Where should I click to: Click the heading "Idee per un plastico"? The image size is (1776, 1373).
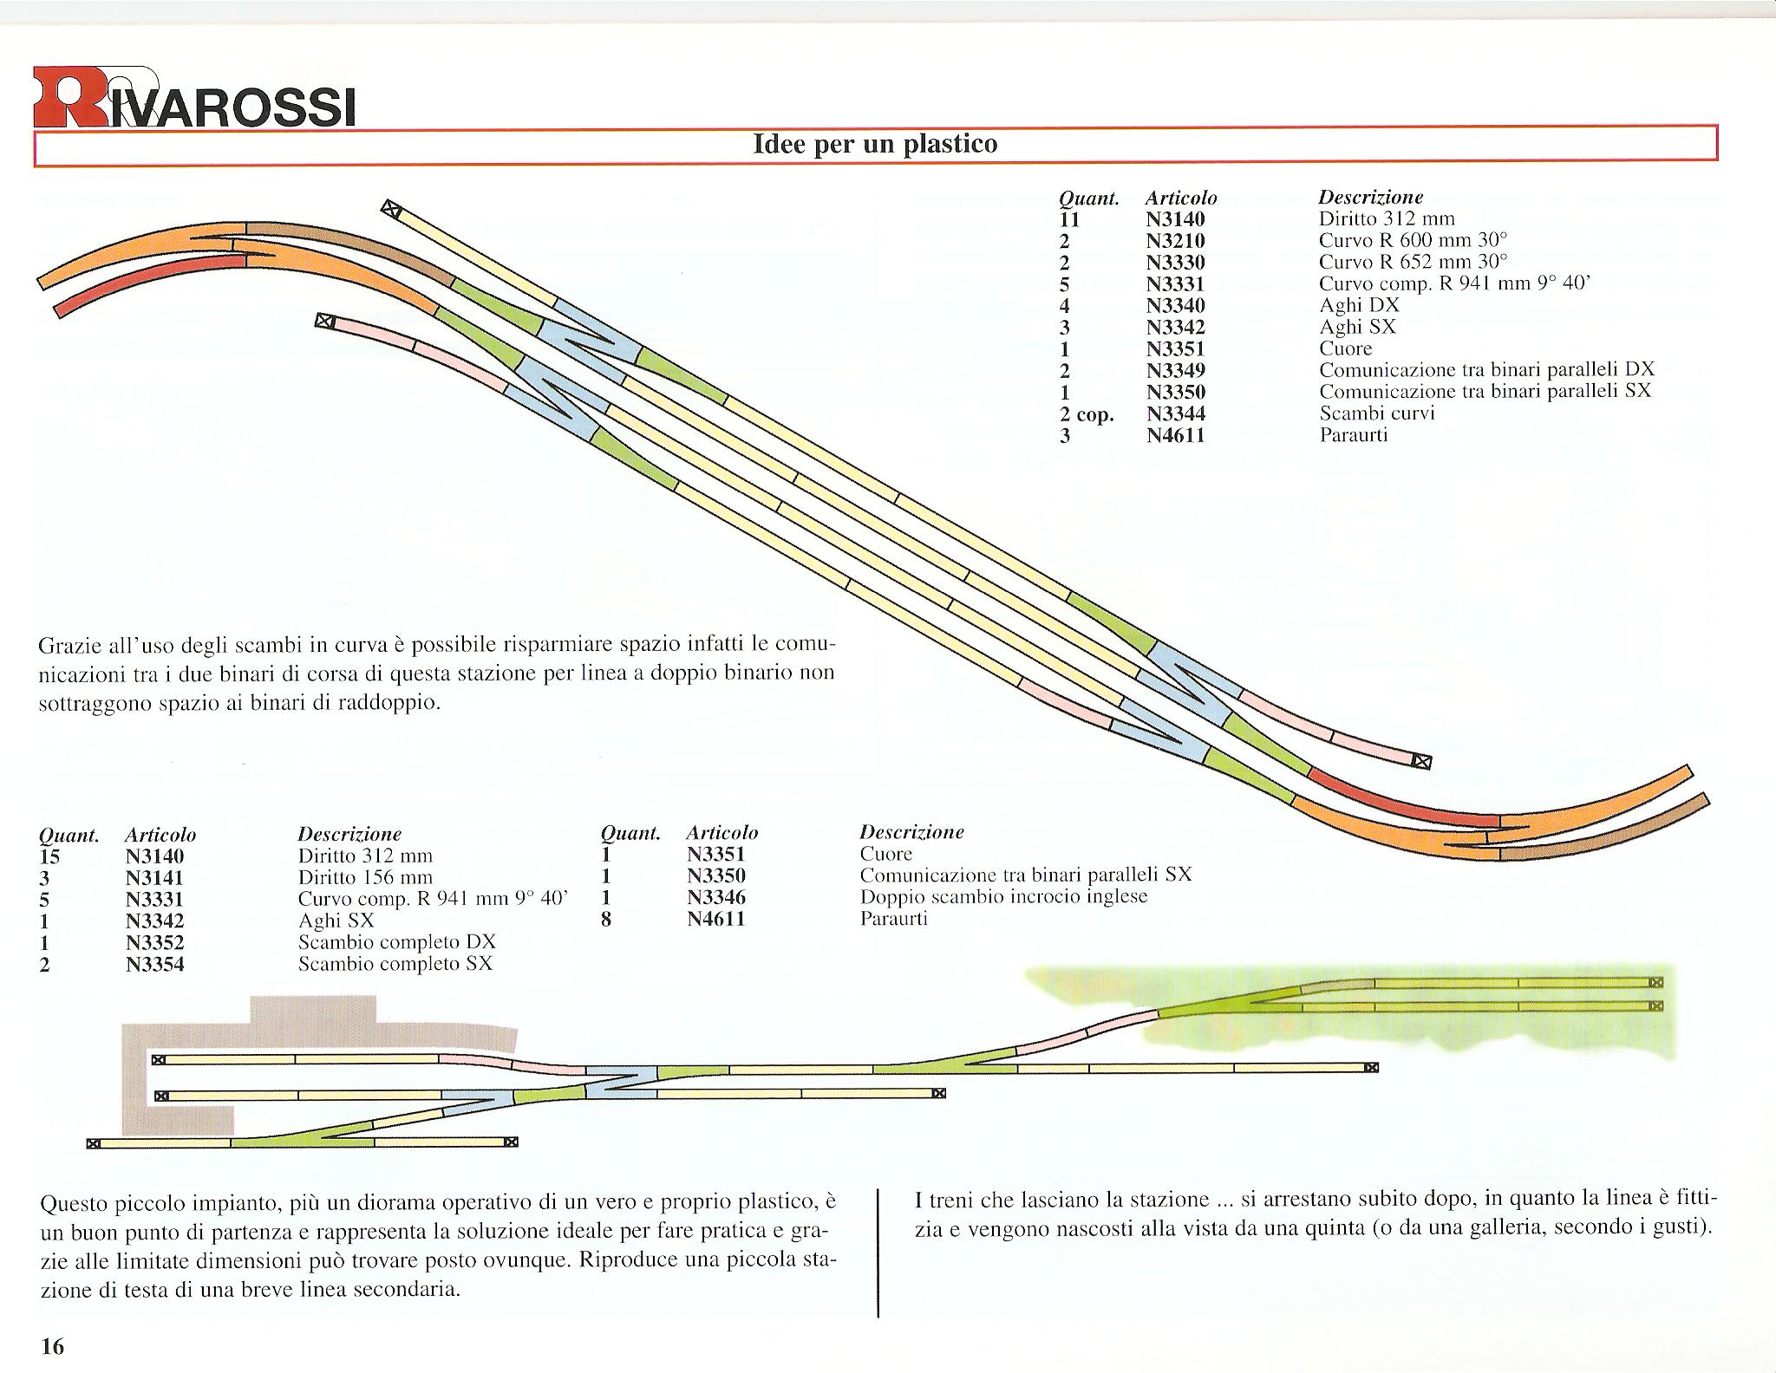(x=876, y=143)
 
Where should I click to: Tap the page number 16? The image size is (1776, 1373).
(x=53, y=1346)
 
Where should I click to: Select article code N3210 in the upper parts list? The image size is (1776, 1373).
(x=1175, y=241)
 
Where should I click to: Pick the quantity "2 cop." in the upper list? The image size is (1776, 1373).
(x=1087, y=414)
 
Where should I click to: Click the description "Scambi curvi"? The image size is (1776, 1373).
(x=1377, y=413)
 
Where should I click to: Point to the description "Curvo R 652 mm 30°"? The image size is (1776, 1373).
(x=1414, y=262)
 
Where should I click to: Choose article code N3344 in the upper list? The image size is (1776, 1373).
(x=1176, y=413)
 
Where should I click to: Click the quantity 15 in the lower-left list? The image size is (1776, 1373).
(x=53, y=856)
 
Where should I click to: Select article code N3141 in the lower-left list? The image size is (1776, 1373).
(x=155, y=878)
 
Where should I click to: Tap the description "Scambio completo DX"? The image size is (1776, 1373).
(x=397, y=942)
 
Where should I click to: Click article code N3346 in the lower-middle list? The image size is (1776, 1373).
(x=716, y=897)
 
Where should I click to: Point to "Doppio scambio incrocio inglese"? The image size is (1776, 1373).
(x=1004, y=896)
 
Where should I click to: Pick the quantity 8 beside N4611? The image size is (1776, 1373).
(x=606, y=919)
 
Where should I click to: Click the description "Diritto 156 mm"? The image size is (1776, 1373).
(x=365, y=877)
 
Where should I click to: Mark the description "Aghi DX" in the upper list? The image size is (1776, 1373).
(x=1359, y=305)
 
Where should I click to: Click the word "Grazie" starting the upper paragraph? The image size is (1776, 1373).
(x=70, y=646)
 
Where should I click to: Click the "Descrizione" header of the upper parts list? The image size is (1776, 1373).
(x=1371, y=198)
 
